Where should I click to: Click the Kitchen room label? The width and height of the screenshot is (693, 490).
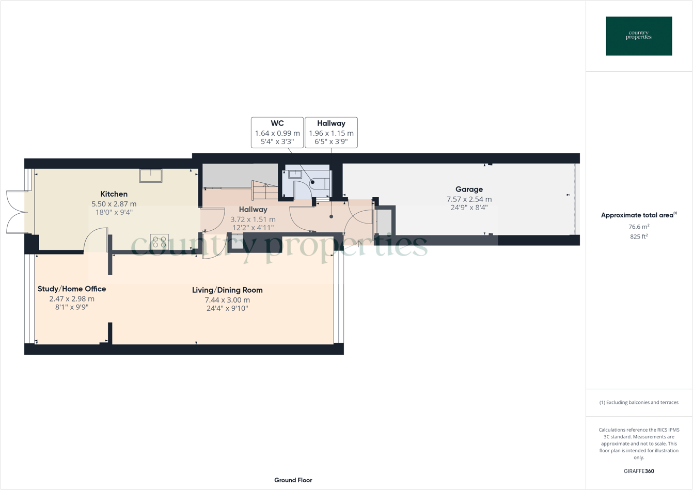[114, 194]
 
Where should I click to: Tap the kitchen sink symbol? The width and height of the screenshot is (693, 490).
[151, 176]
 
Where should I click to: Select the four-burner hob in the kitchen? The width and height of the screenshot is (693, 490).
[160, 242]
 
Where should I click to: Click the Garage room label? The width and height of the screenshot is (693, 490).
[469, 189]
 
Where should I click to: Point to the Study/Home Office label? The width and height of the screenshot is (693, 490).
[72, 289]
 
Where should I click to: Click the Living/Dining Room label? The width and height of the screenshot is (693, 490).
[227, 290]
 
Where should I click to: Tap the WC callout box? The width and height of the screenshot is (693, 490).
[277, 133]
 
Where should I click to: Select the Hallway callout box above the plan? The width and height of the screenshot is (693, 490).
[331, 133]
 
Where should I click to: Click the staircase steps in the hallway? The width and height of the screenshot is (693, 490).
[265, 191]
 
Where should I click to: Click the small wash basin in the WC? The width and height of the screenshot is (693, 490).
[295, 175]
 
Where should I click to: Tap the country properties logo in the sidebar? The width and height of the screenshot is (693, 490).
[639, 36]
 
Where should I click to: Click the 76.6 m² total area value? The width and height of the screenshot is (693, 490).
[639, 227]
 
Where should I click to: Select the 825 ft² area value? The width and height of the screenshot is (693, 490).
[639, 237]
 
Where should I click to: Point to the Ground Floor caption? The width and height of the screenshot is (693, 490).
[293, 480]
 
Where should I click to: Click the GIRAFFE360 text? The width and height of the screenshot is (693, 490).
[639, 471]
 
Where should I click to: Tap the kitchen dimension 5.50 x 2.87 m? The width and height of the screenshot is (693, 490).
[114, 204]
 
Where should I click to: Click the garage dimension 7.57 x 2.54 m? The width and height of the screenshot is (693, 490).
[469, 199]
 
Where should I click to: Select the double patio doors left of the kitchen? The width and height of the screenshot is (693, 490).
[17, 212]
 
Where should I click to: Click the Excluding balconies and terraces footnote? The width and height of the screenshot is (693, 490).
[639, 402]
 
